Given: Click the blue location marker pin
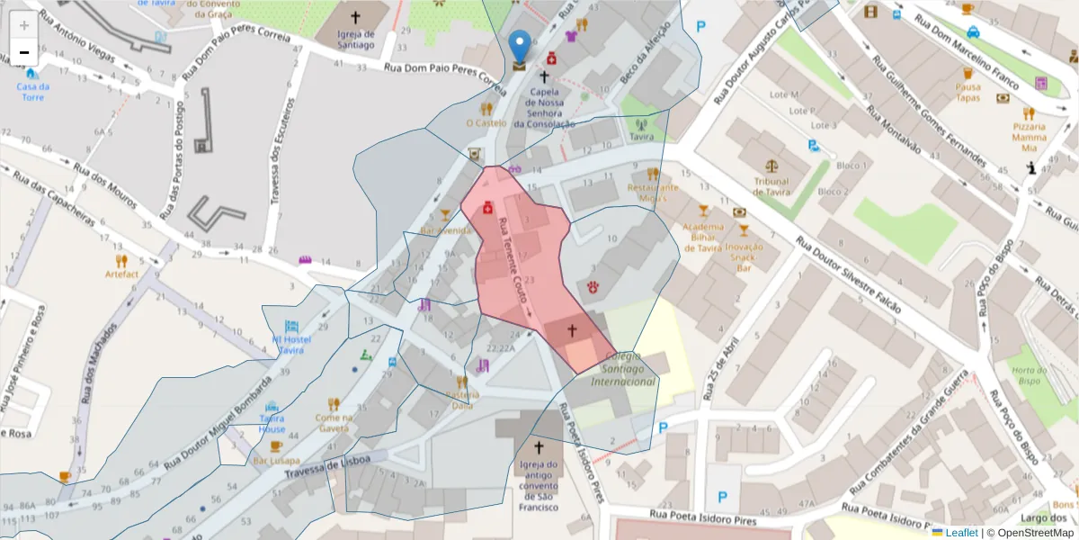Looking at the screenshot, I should click(x=520, y=45).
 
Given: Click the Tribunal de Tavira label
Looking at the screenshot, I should click(x=771, y=185).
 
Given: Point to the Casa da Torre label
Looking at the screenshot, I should click(x=33, y=92).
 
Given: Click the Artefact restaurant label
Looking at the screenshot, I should click(x=121, y=274).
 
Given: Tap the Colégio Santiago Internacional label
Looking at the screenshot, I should click(x=623, y=375).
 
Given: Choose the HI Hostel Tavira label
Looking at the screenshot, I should click(x=290, y=344).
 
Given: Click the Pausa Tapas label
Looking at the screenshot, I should click(x=968, y=93).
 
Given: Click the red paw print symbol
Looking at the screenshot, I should click(x=594, y=287).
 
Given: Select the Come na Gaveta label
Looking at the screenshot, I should click(x=333, y=423).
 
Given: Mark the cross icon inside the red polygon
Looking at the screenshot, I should click(x=571, y=330).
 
